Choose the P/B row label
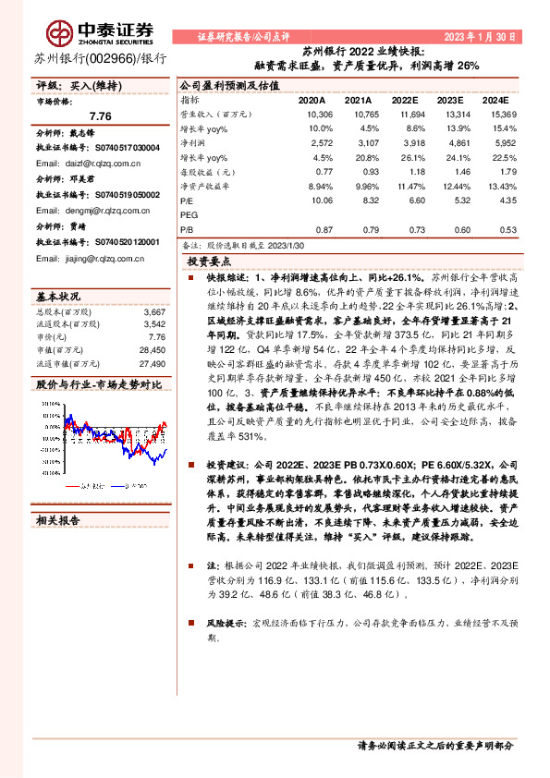[x=187, y=229]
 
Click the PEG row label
[x=189, y=213]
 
